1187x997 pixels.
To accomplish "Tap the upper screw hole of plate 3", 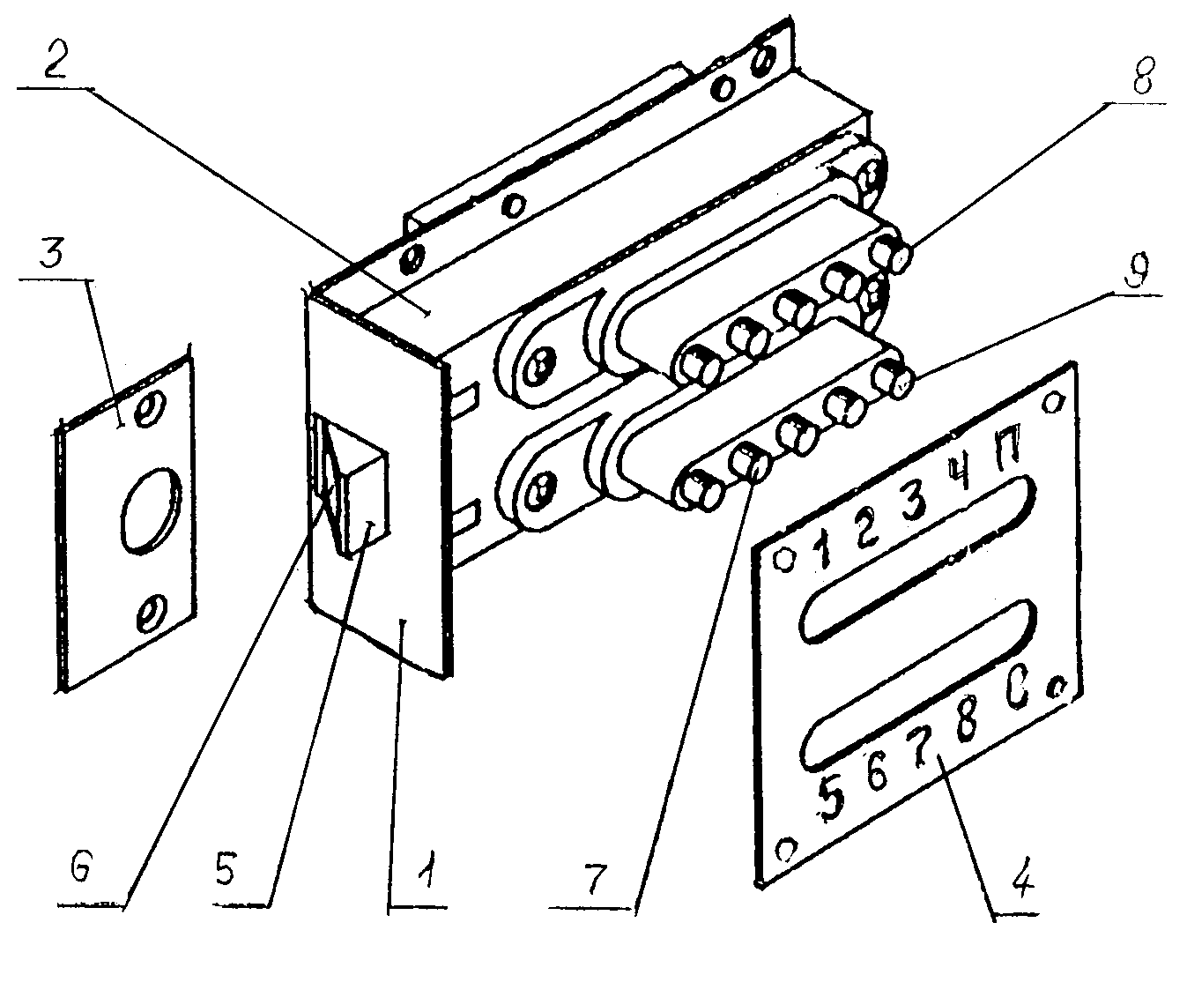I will [x=150, y=407].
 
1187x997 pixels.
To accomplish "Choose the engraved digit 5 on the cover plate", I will [x=830, y=797].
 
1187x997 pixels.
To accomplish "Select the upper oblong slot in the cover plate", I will [x=916, y=557].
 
